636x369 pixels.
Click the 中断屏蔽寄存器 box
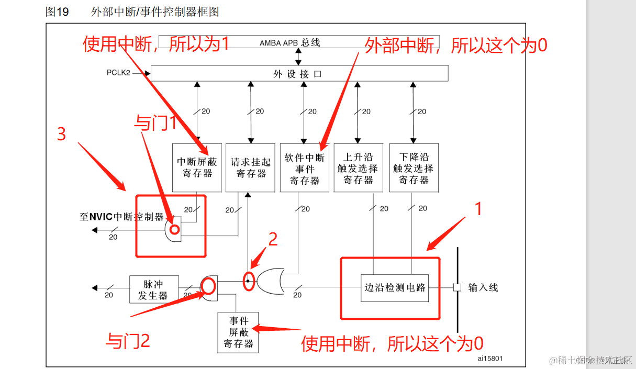pos(197,167)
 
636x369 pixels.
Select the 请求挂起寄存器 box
pos(251,167)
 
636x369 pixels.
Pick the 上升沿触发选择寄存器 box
pos(359,167)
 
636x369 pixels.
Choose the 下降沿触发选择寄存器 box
pos(414,167)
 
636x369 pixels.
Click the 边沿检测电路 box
pos(395,287)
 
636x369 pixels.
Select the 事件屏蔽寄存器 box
pos(238,332)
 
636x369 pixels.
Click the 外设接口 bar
pos(299,74)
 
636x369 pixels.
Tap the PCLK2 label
pos(119,73)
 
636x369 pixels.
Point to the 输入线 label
pos(483,287)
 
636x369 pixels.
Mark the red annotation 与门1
pos(157,124)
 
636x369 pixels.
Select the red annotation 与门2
pos(128,341)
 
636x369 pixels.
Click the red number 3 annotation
pos(61,134)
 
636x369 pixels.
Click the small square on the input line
pos(456,287)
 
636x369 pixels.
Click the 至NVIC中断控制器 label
pos(121,217)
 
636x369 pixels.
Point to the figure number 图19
pos(57,12)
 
